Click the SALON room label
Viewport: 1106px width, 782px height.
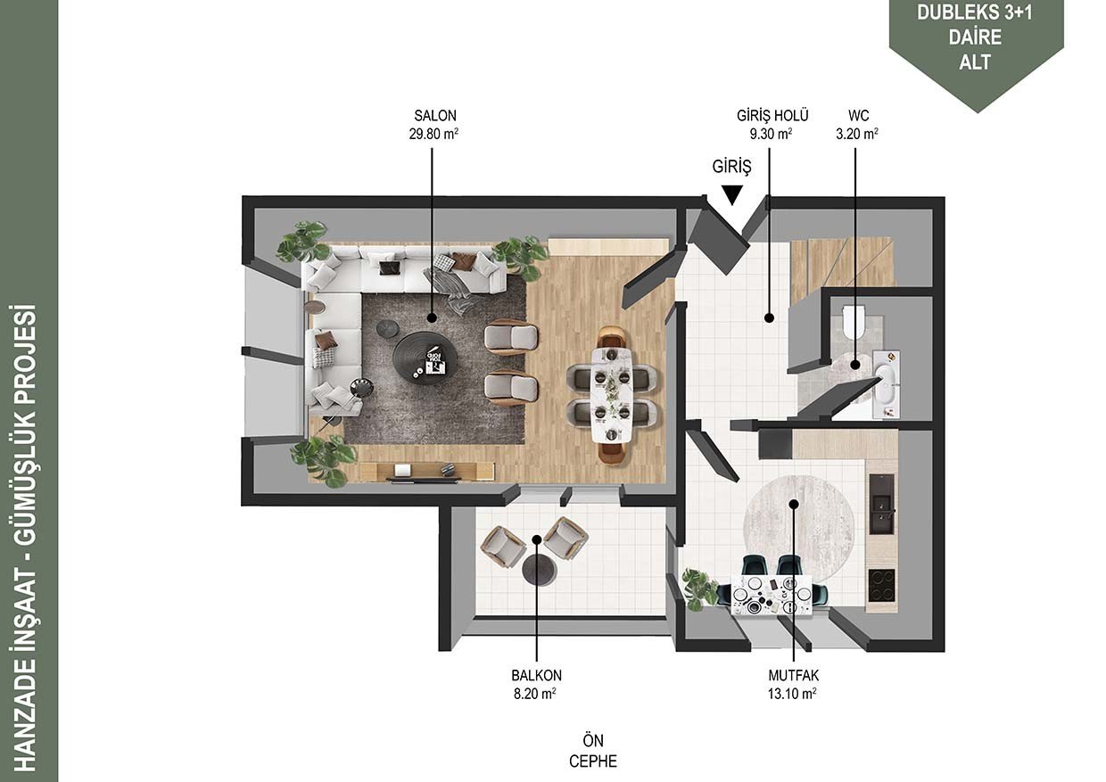[x=435, y=116]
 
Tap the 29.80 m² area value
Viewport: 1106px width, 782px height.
[x=433, y=134]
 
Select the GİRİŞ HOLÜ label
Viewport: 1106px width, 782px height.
[x=772, y=116]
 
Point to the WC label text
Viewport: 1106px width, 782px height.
[x=858, y=116]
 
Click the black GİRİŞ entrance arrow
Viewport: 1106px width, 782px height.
[x=731, y=194]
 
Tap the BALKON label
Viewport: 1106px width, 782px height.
[x=536, y=675]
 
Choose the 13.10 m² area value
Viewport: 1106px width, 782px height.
[x=791, y=694]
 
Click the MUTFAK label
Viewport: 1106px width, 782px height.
[x=794, y=675]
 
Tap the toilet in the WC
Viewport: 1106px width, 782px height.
[x=854, y=321]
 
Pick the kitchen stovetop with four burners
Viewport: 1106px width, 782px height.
[x=881, y=585]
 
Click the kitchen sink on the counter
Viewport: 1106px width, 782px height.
[x=881, y=505]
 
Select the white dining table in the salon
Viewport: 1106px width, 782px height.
[x=612, y=395]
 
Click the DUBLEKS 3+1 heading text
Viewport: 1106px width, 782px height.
[x=975, y=12]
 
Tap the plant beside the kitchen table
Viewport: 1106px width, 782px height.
[x=698, y=589]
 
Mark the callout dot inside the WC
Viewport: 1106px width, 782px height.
[x=855, y=366]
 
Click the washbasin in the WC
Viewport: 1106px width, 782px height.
[x=886, y=385]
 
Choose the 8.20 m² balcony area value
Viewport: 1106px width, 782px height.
[x=535, y=694]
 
